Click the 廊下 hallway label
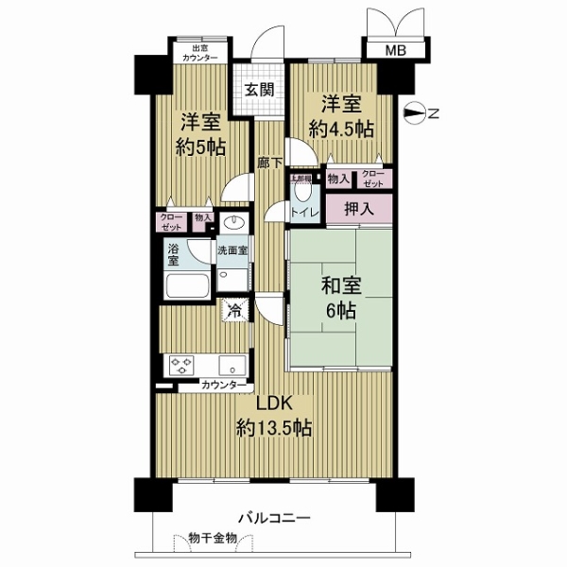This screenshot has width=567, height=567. pos(269,163)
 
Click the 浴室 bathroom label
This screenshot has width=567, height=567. pos(174,255)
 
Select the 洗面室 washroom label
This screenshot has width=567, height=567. pos(232,251)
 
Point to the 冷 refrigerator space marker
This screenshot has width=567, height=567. pos(232,308)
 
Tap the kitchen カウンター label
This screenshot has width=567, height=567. pos(224,386)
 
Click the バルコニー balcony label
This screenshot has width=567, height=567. pos(273,518)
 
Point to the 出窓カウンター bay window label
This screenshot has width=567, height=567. pos(198,54)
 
